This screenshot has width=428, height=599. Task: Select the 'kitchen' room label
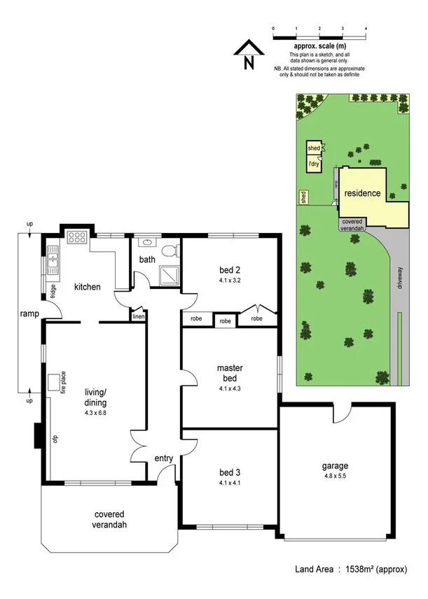(x=88, y=287)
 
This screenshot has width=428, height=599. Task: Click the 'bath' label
(x=147, y=260)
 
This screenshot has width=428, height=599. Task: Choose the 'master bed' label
(x=230, y=373)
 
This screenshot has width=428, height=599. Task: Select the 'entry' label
(x=164, y=458)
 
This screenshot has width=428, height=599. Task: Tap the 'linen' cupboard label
(x=138, y=317)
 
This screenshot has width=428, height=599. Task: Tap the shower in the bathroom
(x=168, y=276)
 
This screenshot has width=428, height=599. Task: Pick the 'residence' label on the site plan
(x=362, y=193)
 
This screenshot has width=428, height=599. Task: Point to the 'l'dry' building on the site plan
(x=313, y=164)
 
